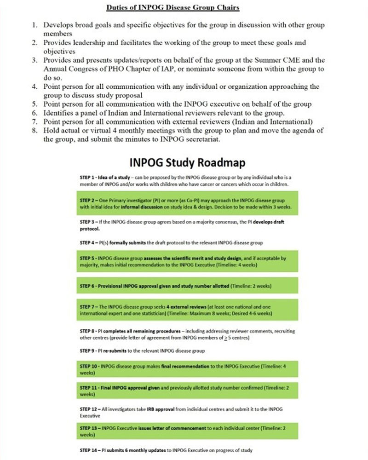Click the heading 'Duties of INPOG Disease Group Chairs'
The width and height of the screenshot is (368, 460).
(x=172, y=8)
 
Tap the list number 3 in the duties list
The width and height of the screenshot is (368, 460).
(x=35, y=60)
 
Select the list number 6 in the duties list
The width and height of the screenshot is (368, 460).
(x=35, y=113)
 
